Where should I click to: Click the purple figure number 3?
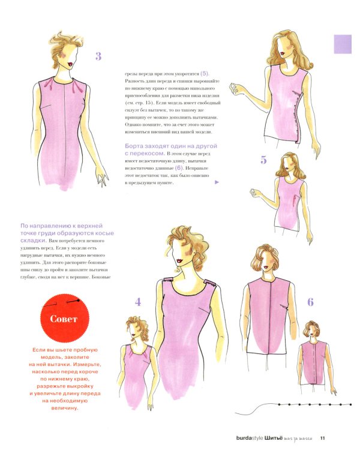[98, 57]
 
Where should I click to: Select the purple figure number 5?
[263, 160]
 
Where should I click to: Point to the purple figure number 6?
[310, 302]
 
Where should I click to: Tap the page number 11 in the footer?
[322, 437]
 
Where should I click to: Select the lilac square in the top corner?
[342, 44]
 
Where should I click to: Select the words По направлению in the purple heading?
[46, 226]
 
